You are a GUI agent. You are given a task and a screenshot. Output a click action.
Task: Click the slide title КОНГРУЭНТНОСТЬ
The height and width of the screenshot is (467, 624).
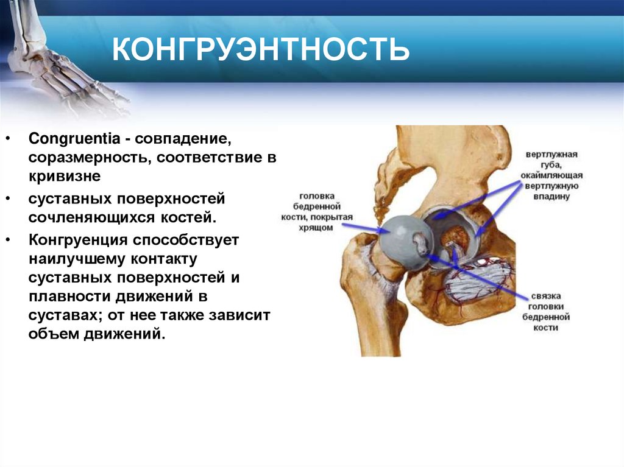(261, 49)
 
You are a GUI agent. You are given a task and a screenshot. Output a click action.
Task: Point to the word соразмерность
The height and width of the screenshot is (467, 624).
(86, 158)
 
